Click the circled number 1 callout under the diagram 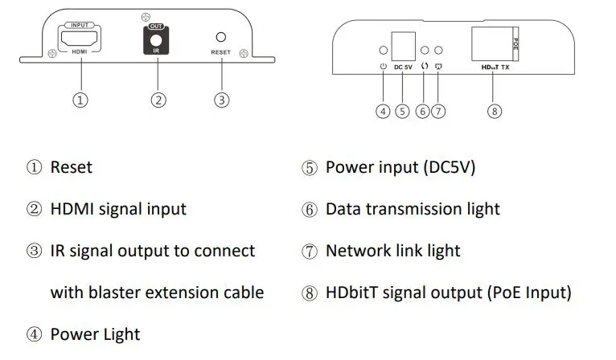(80, 100)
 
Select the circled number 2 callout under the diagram (158, 100)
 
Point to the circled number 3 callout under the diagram (222, 100)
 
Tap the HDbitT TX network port (491, 41)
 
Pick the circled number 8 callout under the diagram (495, 112)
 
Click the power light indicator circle (383, 51)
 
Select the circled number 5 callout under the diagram (403, 112)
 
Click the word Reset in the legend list (71, 167)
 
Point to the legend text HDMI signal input (118, 209)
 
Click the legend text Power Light (95, 334)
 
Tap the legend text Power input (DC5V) (400, 167)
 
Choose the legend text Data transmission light (413, 209)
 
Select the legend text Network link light (392, 251)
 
